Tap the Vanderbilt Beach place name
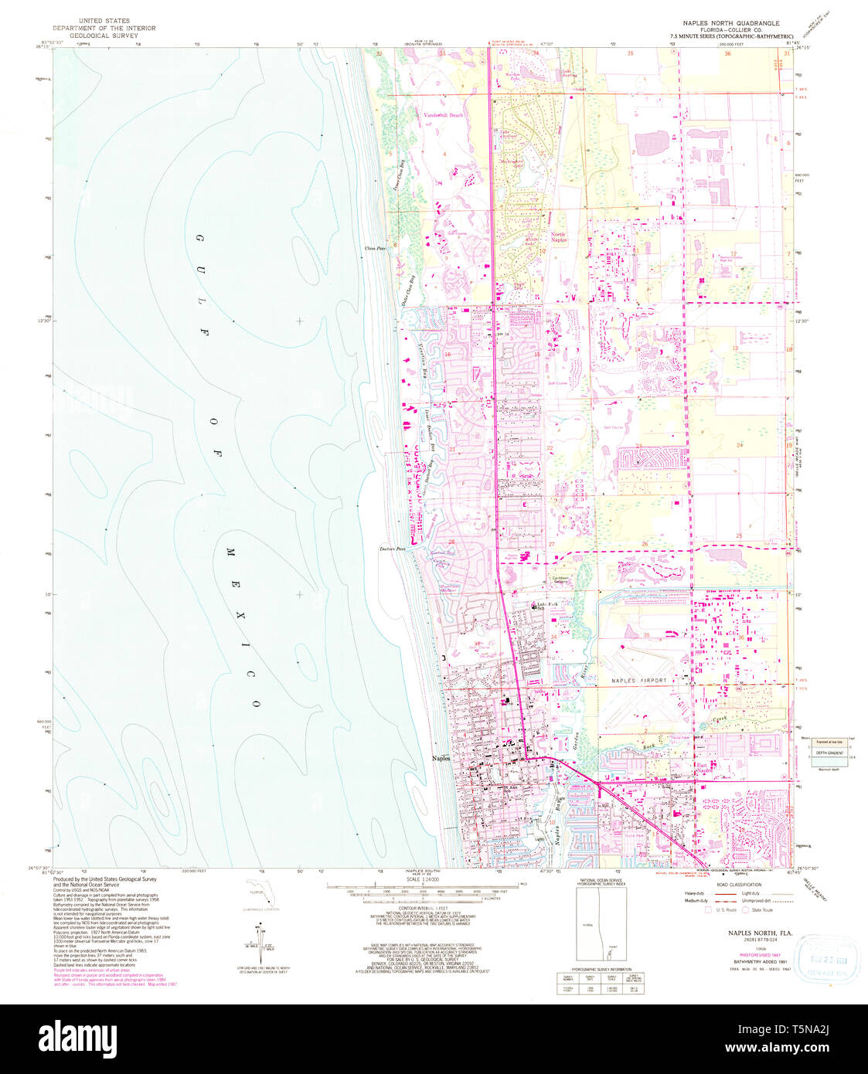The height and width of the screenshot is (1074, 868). click(x=444, y=115)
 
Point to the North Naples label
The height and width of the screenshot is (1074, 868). click(x=558, y=236)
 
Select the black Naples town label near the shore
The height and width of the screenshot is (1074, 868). click(x=441, y=759)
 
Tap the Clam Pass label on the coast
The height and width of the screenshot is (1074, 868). click(x=376, y=248)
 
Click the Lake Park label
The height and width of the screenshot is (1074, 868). click(x=548, y=603)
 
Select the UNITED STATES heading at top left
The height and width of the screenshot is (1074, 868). click(x=102, y=21)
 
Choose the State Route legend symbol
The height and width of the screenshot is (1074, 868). click(x=747, y=910)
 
